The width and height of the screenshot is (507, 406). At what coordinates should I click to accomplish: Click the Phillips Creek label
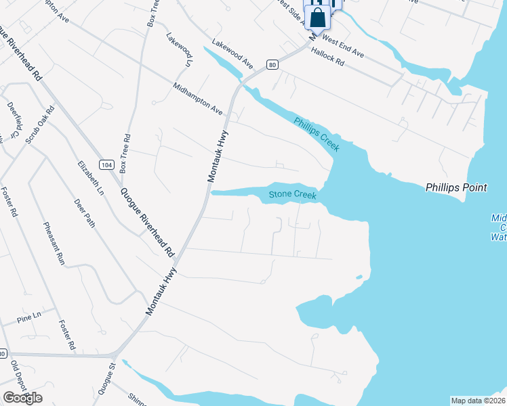click(317, 134)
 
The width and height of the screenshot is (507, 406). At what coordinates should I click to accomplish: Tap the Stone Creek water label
click(293, 195)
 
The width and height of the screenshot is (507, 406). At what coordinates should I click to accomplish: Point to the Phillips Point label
click(456, 187)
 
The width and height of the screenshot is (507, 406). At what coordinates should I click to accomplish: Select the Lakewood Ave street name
click(232, 53)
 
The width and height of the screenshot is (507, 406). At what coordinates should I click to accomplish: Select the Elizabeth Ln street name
click(91, 179)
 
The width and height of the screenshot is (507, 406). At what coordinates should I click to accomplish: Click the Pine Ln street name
click(29, 316)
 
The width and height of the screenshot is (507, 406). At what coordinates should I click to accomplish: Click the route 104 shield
click(105, 164)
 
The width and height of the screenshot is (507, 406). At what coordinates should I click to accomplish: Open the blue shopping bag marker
click(318, 18)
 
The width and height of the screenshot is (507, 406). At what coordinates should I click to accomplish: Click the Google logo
click(22, 398)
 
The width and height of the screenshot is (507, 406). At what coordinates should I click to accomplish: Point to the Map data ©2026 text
click(478, 401)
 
